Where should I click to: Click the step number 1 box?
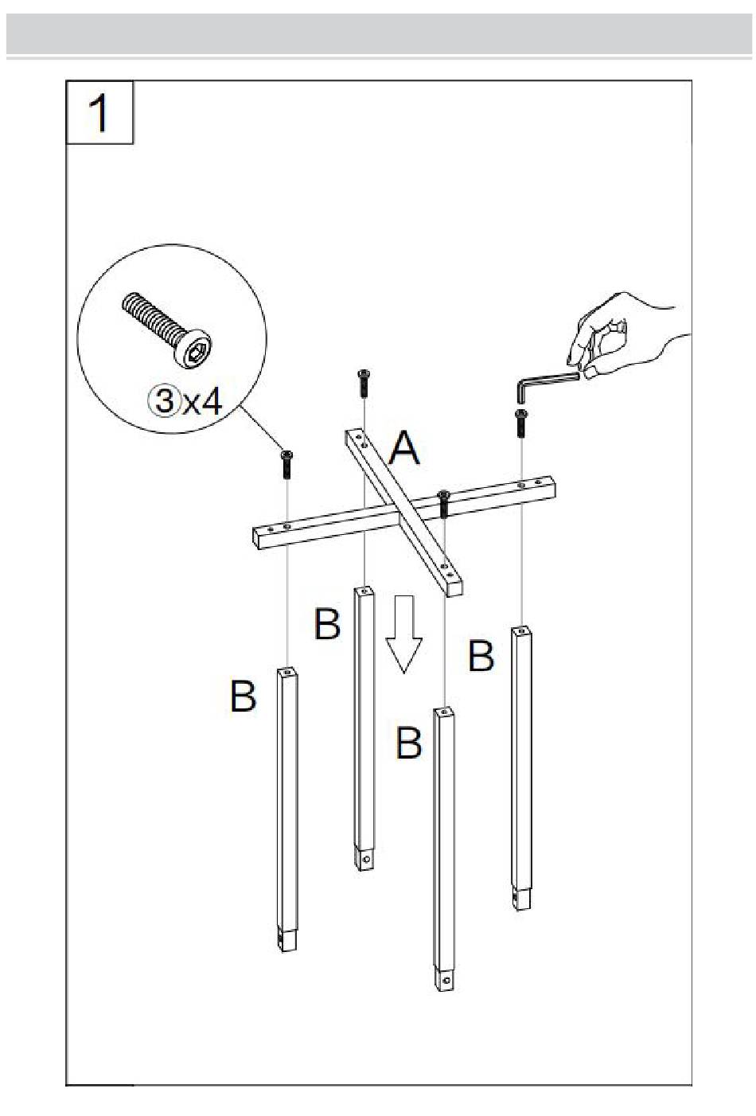tap(99, 112)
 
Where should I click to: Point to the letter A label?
tap(404, 448)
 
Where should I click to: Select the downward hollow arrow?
tap(404, 634)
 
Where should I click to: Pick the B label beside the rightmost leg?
tap(481, 656)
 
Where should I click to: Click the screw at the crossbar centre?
tap(444, 503)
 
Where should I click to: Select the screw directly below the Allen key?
tap(521, 423)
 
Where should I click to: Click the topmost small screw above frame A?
tap(364, 383)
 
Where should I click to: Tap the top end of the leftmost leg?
tap(287, 673)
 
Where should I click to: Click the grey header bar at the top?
tap(379, 33)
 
